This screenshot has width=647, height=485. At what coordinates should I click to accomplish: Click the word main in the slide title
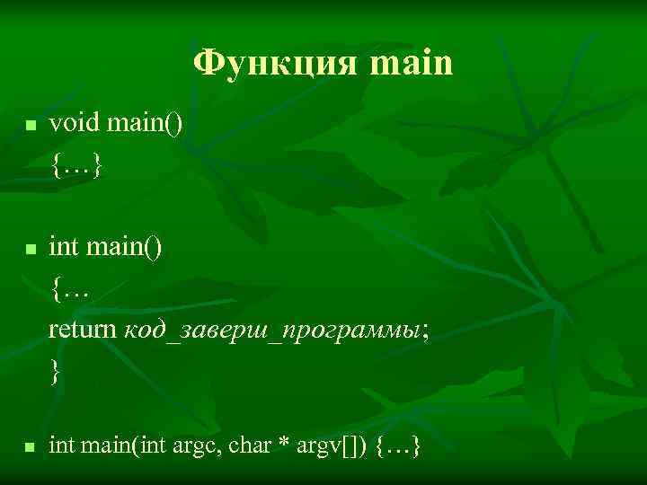[412, 64]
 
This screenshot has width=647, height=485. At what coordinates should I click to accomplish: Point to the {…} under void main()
[77, 164]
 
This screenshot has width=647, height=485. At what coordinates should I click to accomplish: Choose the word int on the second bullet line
[63, 245]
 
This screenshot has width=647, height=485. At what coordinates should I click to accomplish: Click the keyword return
[82, 329]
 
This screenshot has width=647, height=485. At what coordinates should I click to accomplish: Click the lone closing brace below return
[56, 371]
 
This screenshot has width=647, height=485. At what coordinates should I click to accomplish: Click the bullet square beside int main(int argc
[30, 446]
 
